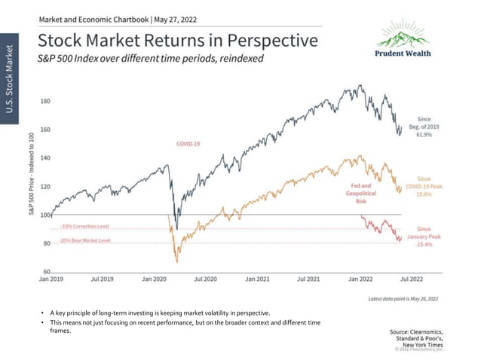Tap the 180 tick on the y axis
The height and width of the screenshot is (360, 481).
(45, 100)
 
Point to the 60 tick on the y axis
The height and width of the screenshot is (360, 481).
(47, 271)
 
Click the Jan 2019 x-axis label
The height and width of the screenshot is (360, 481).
(52, 279)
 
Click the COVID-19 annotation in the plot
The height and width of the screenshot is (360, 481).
(189, 142)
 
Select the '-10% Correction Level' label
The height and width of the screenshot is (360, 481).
(85, 226)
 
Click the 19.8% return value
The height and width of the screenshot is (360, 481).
(423, 194)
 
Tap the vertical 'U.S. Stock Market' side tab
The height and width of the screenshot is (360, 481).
(10, 79)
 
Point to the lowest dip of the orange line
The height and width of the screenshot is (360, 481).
(176, 261)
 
